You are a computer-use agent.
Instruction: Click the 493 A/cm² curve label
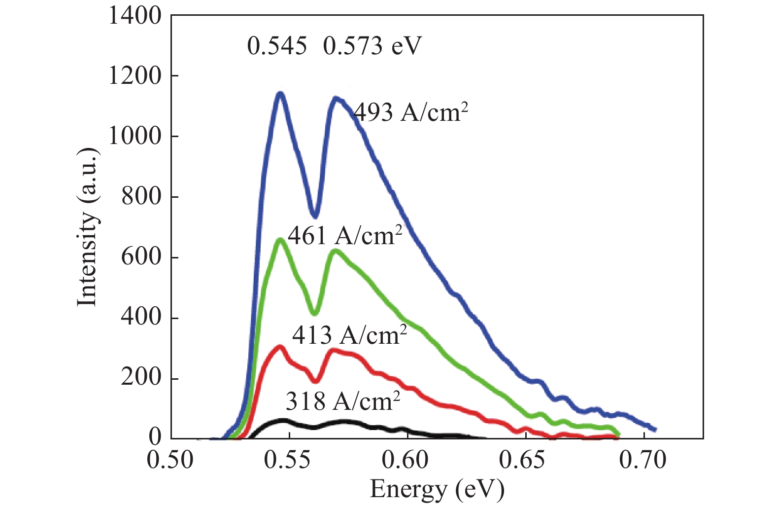tap(410, 112)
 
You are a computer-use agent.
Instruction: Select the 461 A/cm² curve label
tap(345, 236)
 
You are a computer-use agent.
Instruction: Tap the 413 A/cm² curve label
tap(349, 335)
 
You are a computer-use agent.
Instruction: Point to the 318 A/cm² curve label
tap(342, 401)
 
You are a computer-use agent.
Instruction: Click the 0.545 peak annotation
tap(277, 46)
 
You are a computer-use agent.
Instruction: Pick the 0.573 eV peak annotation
tap(372, 46)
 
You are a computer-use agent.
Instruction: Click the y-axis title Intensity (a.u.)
tap(88, 227)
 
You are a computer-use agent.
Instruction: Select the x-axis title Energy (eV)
tap(437, 489)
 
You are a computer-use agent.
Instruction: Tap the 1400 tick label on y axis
tap(135, 16)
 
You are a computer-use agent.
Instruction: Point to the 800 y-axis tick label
tap(141, 196)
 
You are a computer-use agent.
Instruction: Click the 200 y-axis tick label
tap(141, 378)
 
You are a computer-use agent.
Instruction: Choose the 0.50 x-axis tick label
tap(170, 460)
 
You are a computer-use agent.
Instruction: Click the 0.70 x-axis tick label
tap(642, 460)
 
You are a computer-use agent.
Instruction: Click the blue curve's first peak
tap(280, 94)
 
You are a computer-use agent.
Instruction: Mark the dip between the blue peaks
tap(315, 215)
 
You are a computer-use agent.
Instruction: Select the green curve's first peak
tap(280, 240)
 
